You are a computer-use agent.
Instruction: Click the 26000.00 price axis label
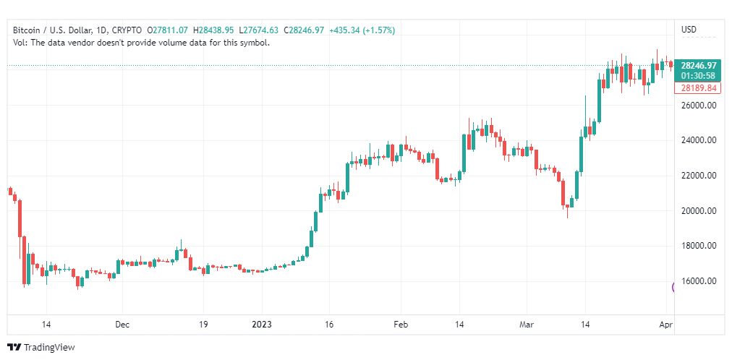point(698,106)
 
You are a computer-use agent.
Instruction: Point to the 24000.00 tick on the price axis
point(698,140)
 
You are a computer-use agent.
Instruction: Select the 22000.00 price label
point(698,176)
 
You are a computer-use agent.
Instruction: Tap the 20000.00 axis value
point(698,211)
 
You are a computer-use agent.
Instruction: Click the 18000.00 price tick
point(698,246)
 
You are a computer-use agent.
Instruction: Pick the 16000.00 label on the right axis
point(698,281)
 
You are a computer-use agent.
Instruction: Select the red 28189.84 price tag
point(699,88)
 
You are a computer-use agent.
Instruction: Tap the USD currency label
point(689,30)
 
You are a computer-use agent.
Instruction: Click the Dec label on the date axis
point(122,325)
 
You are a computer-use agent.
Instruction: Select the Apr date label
point(665,325)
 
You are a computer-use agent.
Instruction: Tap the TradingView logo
point(41,348)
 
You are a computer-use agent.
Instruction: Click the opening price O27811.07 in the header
point(167,30)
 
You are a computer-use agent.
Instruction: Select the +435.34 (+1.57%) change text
point(362,30)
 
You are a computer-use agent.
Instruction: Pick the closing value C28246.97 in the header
point(304,30)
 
